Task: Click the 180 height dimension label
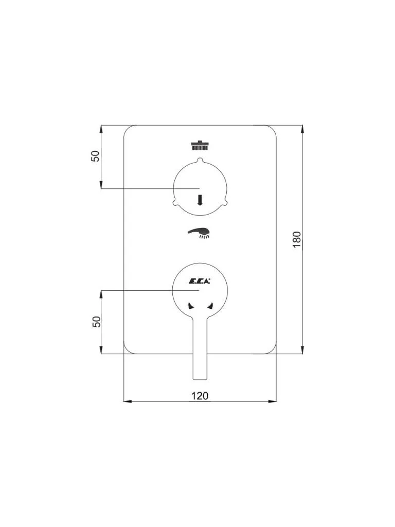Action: click(297, 240)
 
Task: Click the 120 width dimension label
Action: click(200, 396)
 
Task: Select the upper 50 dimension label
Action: click(96, 156)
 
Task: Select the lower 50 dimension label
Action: click(97, 322)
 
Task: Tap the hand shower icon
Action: click(200, 233)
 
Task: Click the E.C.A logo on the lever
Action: click(199, 282)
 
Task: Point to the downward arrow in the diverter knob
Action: click(200, 200)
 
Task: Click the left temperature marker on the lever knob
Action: click(190, 306)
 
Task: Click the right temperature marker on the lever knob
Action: click(210, 306)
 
